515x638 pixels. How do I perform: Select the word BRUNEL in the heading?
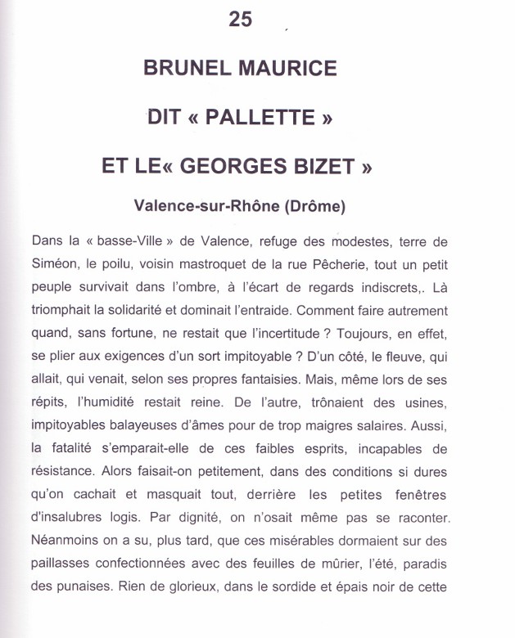187,68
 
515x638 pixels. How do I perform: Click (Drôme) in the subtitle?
314,207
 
